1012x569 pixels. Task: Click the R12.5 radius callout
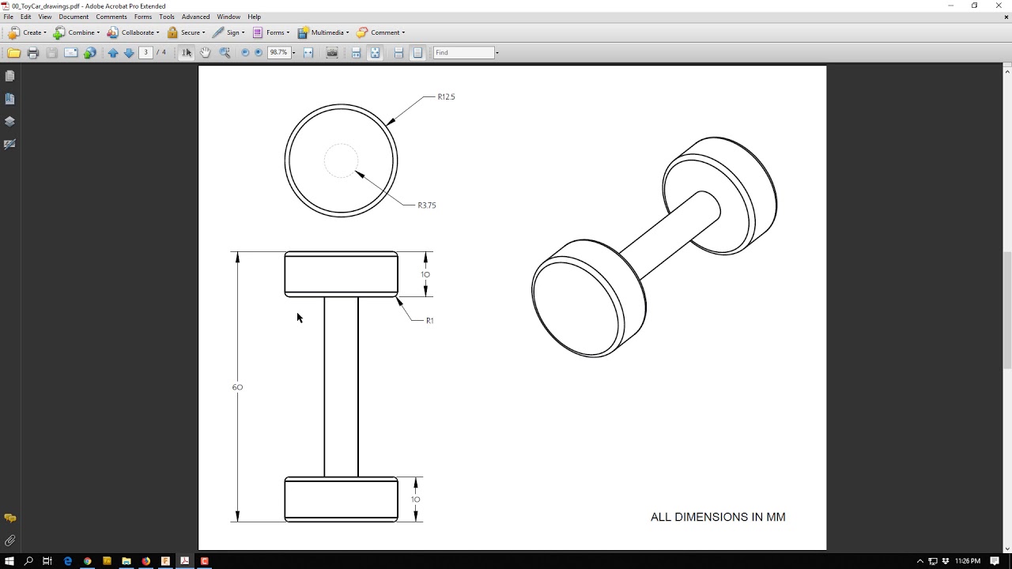tap(446, 97)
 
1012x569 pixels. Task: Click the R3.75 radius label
tap(427, 205)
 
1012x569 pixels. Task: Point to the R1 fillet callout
tap(429, 321)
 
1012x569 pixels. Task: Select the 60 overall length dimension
tap(237, 387)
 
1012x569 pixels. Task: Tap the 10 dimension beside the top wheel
tap(425, 275)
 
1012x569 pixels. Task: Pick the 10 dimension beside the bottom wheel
tap(415, 499)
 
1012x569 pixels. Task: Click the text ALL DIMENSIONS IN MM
tap(717, 517)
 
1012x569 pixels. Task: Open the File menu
tap(9, 17)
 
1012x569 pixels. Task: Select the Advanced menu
tap(195, 17)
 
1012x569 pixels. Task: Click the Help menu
tap(254, 17)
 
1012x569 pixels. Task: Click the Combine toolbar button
tap(77, 32)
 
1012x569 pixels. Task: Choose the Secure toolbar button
tap(186, 32)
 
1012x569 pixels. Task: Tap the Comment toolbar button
tap(380, 32)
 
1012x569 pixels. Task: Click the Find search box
tap(463, 53)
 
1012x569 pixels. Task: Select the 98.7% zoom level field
tap(278, 53)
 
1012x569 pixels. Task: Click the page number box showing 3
tap(145, 53)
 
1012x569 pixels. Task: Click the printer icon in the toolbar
tap(32, 53)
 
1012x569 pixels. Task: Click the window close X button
tap(999, 6)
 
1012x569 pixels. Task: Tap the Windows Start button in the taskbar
tap(9, 561)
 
